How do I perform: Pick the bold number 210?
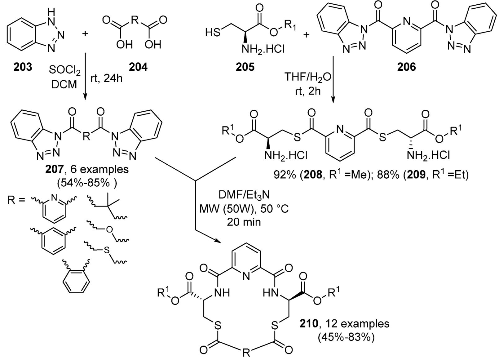[x=309, y=324]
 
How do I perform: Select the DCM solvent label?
[x=64, y=84]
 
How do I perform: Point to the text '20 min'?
[x=244, y=222]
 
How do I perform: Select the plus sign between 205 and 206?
[x=306, y=35]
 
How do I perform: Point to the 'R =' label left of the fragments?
[x=16, y=200]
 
